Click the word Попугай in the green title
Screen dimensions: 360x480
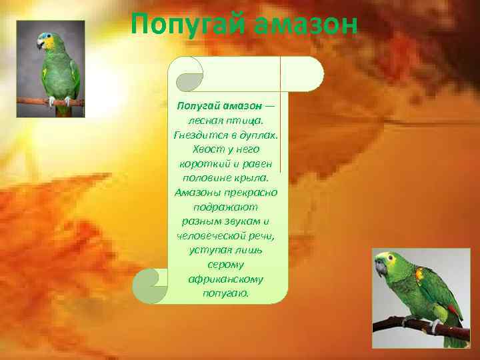point(183,26)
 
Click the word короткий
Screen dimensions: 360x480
point(203,163)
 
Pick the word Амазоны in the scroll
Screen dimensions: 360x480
point(198,192)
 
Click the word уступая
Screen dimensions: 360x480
point(209,250)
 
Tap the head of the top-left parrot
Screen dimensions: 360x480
point(47,41)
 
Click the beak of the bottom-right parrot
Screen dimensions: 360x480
point(380,269)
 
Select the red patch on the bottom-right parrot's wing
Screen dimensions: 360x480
point(419,273)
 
